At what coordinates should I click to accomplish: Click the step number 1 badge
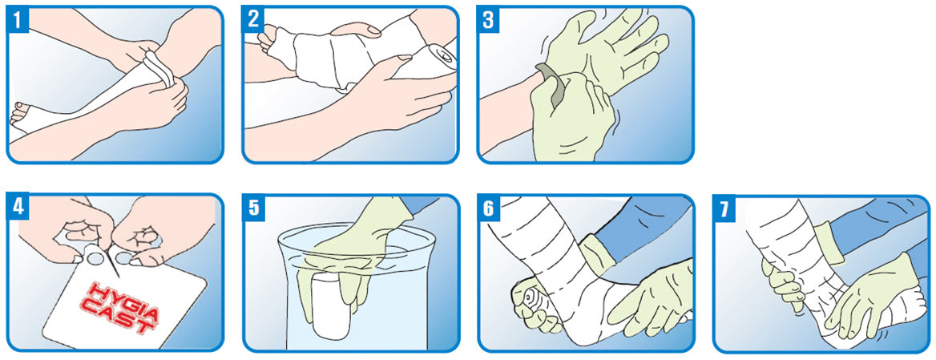pos(18,20)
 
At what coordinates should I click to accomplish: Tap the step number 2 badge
pos(253,20)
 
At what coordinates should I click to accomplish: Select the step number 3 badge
pos(488,20)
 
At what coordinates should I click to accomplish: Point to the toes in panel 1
pos(20,113)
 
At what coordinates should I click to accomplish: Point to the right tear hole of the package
pos(124,257)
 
